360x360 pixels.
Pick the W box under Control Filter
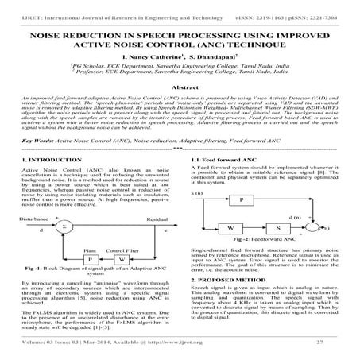[120, 259]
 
